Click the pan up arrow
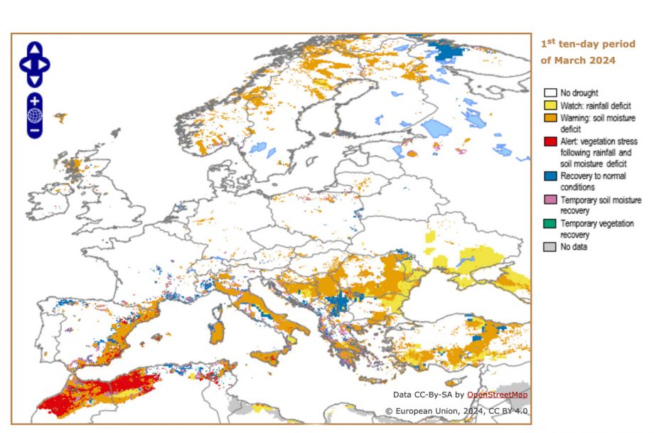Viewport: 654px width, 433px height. [35, 48]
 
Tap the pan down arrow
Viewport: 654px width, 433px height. [35, 80]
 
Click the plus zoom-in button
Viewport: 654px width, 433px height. [35, 100]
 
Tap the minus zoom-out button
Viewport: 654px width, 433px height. [35, 130]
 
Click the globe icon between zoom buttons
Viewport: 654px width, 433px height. [35, 115]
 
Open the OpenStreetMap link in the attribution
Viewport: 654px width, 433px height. [497, 395]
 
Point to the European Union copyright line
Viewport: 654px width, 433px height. [456, 411]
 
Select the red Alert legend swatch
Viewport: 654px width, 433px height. [550, 141]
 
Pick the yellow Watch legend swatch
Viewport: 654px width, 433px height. [550, 105]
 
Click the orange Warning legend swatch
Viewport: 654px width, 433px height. [550, 117]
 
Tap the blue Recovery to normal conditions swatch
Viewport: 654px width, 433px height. [550, 176]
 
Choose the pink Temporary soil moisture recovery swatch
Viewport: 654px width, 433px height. [550, 201]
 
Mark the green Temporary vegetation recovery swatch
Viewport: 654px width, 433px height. [550, 224]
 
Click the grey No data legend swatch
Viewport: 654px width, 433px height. [550, 247]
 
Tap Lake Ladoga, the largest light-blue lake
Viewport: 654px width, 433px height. [436, 129]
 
